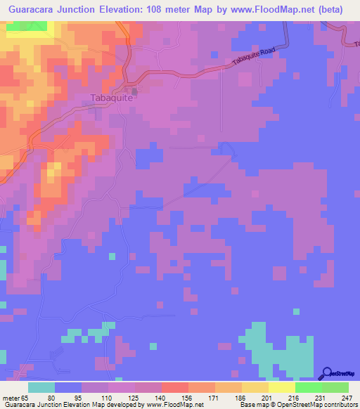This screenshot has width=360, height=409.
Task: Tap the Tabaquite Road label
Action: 252,63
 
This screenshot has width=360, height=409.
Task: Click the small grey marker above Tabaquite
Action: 134,89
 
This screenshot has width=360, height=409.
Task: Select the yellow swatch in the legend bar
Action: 282,388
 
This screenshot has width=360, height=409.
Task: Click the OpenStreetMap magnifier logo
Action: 327,373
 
